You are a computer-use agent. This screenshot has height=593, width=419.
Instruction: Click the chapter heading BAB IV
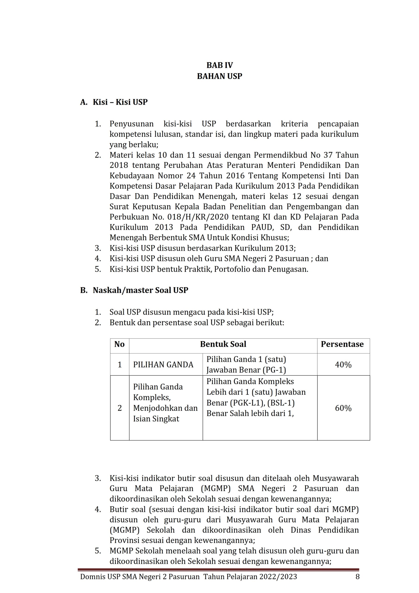pyautogui.click(x=220, y=65)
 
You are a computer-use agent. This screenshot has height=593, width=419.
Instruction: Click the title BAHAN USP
pyautogui.click(x=220, y=76)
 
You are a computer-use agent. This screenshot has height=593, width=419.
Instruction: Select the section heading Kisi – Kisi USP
pyautogui.click(x=120, y=102)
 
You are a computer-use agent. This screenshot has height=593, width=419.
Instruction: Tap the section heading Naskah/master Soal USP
pyautogui.click(x=141, y=290)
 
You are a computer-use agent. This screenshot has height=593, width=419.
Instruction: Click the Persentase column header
pyautogui.click(x=342, y=344)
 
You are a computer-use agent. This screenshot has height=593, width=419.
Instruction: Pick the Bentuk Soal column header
pyautogui.click(x=223, y=344)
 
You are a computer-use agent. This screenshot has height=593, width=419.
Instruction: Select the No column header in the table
pyautogui.click(x=119, y=344)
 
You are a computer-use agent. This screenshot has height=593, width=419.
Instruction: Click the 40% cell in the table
pyautogui.click(x=343, y=365)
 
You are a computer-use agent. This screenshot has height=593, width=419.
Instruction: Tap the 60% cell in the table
pyautogui.click(x=343, y=408)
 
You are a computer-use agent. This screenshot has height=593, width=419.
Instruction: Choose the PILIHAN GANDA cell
pyautogui.click(x=163, y=365)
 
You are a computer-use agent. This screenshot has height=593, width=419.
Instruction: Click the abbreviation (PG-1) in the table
pyautogui.click(x=274, y=370)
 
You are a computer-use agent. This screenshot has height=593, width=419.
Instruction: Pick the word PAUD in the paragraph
pyautogui.click(x=261, y=227)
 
